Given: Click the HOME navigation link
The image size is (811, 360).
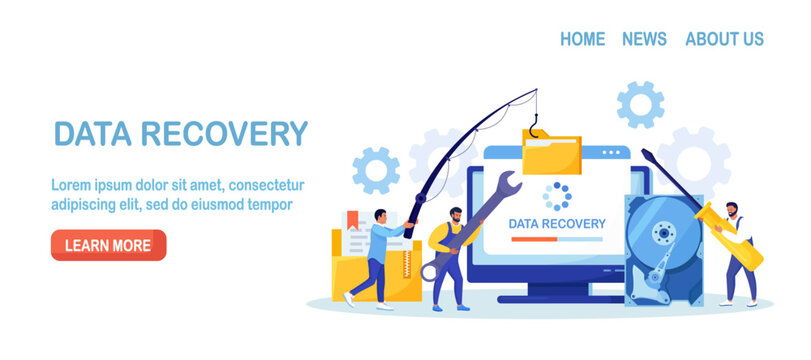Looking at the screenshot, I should pos(582,39).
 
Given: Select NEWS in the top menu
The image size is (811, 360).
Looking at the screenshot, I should pos(644,39).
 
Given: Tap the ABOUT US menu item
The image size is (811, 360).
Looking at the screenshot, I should pos(724,39).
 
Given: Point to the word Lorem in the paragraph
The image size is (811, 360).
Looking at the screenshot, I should pos(70,185).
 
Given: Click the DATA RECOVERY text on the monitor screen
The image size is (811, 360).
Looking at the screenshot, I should pos(556,224).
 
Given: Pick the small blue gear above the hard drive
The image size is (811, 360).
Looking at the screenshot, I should pos(640,104).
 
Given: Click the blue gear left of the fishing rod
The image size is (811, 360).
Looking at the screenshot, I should pos(376,170).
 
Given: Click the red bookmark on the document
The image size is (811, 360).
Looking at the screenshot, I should pos(352,217).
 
